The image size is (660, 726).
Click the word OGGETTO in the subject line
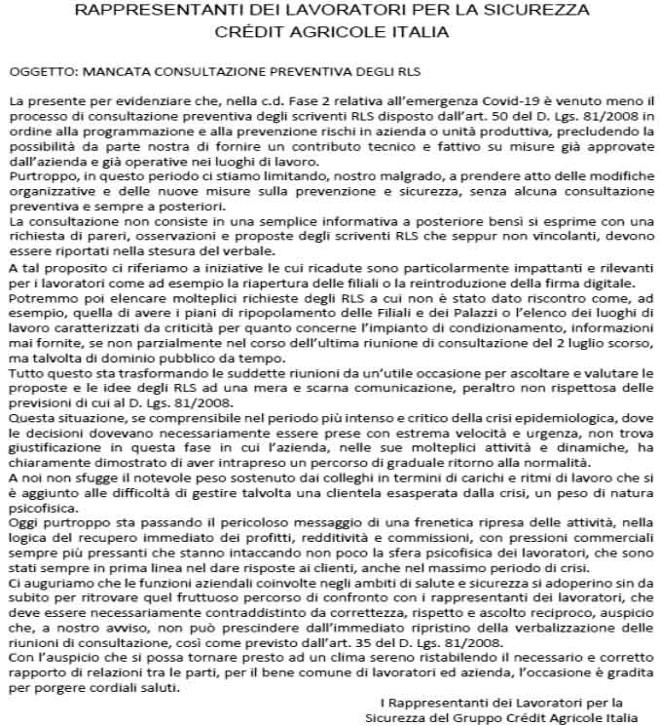pyautogui.click(x=38, y=72)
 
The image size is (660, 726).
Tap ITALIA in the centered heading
pyautogui.click(x=422, y=30)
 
